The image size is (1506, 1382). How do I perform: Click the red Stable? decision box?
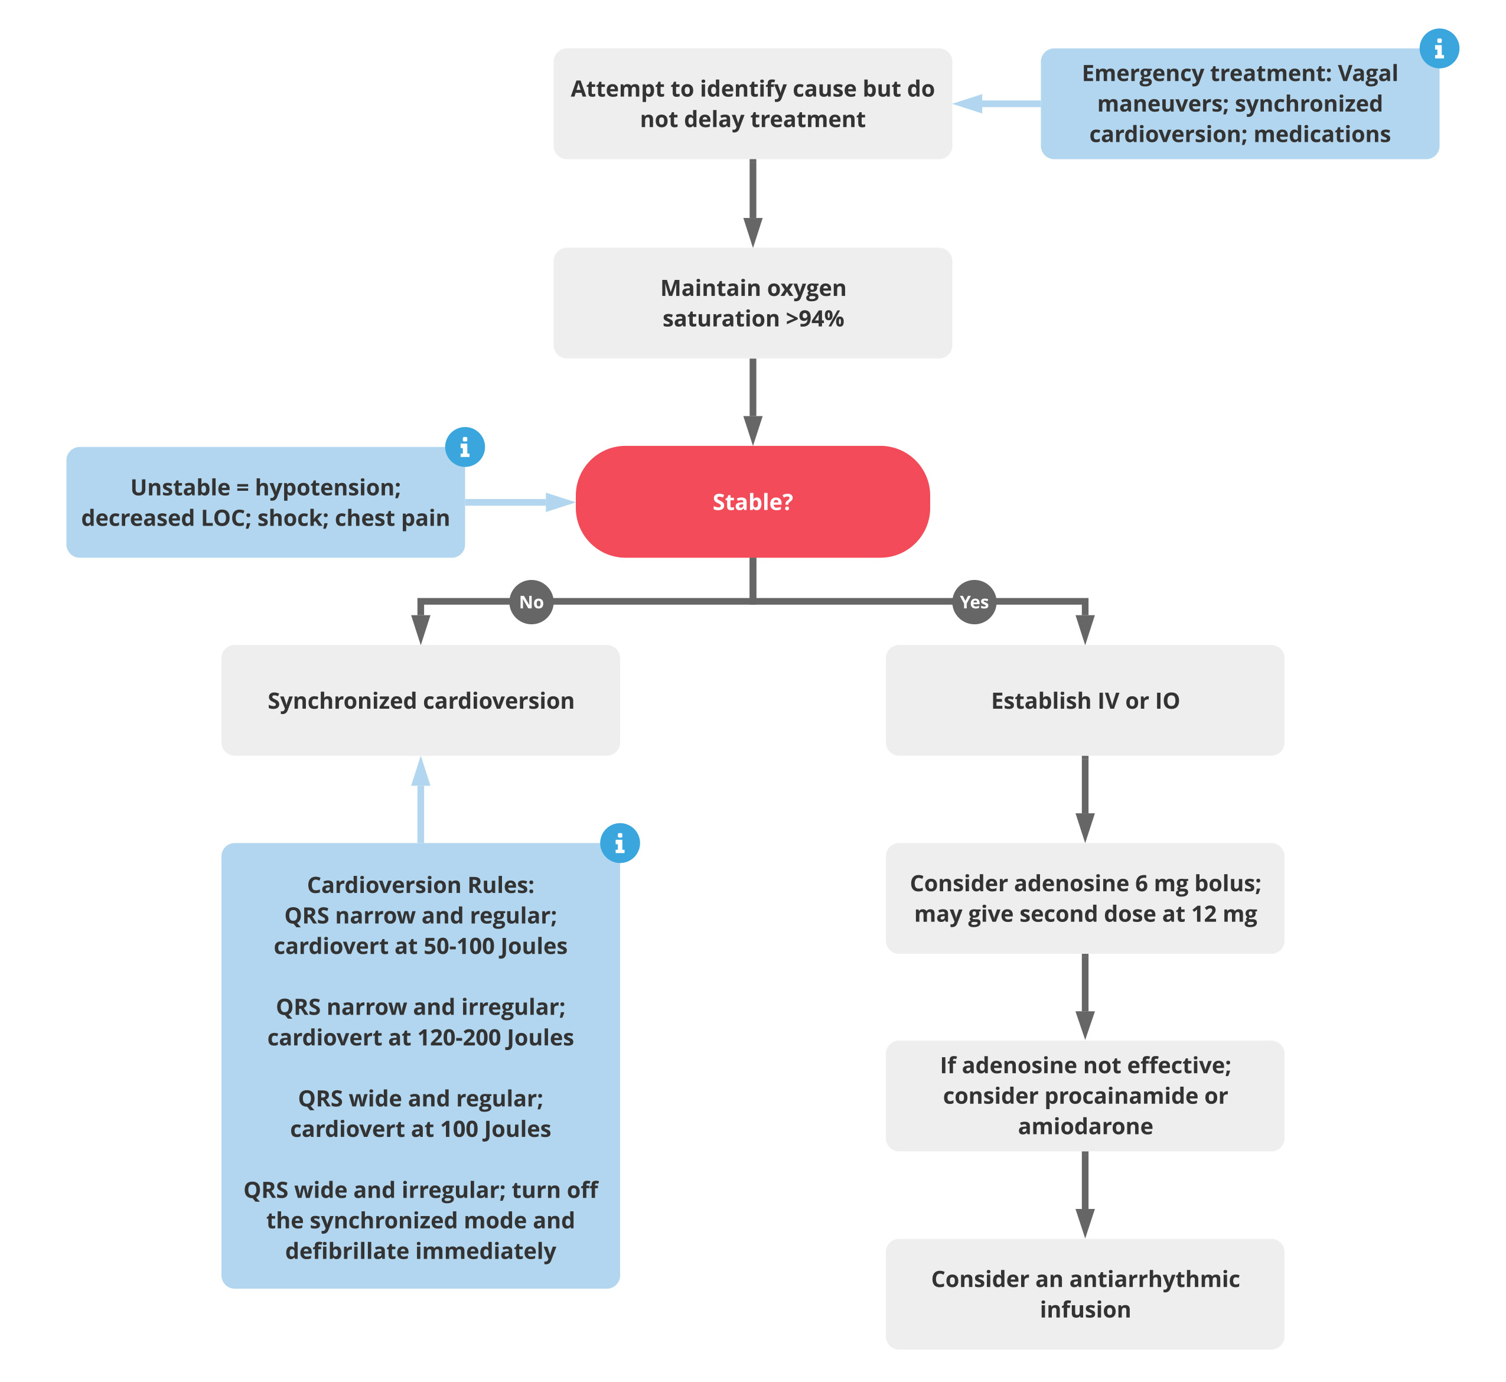(752, 502)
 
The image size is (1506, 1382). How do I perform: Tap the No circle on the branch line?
(531, 602)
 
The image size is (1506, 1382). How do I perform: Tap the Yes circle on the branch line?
(974, 602)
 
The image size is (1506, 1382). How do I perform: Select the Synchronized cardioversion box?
(420, 700)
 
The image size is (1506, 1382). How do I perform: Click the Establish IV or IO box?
(1084, 700)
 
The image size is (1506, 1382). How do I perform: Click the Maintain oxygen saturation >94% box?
(752, 303)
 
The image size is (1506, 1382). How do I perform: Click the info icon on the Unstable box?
(464, 447)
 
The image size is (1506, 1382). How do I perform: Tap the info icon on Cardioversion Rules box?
(619, 843)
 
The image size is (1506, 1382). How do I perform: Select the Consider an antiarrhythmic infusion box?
(1084, 1295)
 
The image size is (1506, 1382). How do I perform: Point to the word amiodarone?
(1084, 1126)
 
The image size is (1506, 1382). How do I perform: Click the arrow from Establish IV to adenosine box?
(1084, 798)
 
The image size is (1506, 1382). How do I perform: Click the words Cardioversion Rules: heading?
(420, 885)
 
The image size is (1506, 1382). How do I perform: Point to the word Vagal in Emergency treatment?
(1367, 73)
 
